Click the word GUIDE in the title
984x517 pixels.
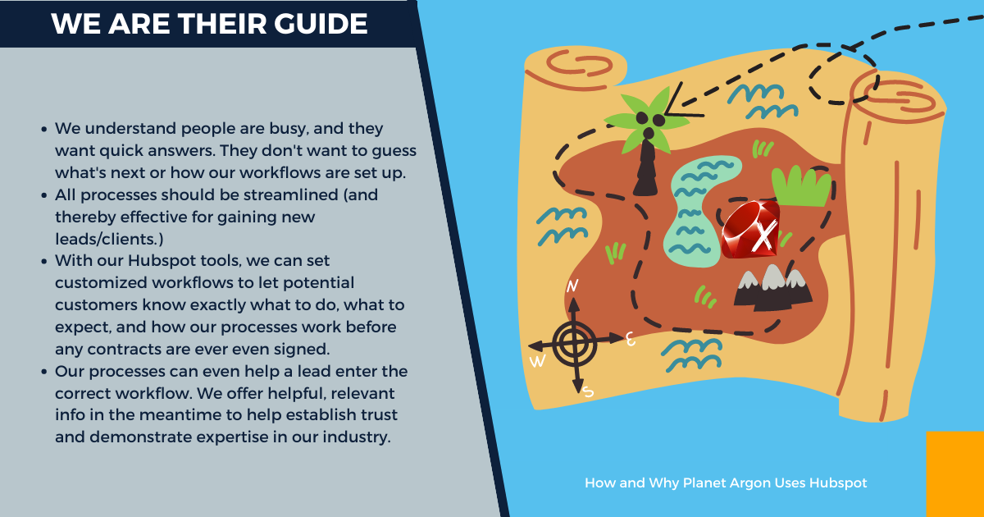[x=321, y=23]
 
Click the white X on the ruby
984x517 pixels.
[x=764, y=237]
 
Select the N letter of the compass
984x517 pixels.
[x=572, y=286]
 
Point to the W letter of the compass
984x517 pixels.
[x=538, y=361]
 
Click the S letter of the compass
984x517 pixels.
[x=588, y=391]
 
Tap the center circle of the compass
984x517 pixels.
[x=574, y=343]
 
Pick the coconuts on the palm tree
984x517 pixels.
[x=650, y=124]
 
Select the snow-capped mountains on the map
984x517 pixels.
[x=773, y=288]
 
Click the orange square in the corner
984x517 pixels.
[x=955, y=474]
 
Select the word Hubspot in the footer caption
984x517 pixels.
[x=838, y=483]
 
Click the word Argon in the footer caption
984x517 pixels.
[x=749, y=483]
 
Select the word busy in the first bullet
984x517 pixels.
[x=289, y=129]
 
